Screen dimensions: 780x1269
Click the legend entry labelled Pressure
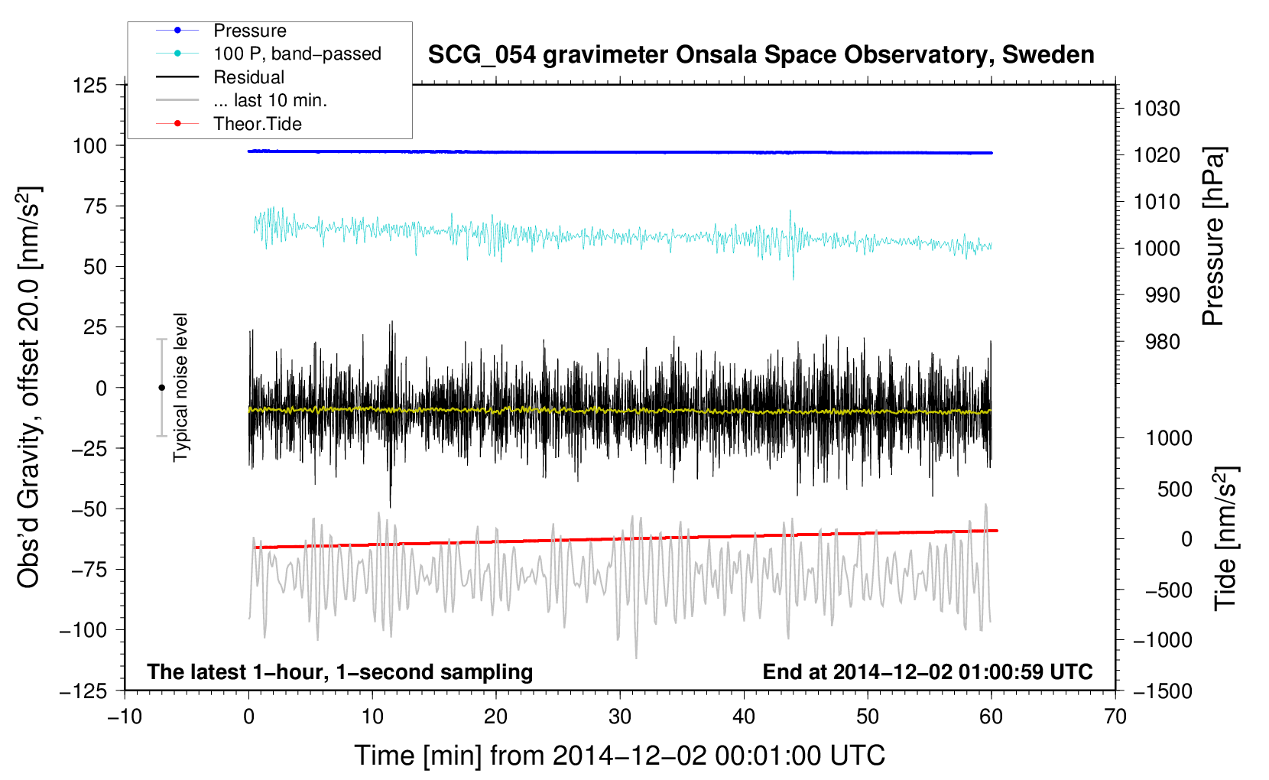coord(249,31)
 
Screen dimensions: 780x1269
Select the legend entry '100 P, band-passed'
coord(297,54)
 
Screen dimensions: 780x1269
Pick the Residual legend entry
coord(248,77)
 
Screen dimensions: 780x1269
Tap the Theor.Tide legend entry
coord(257,124)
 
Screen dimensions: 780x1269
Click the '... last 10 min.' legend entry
coord(270,100)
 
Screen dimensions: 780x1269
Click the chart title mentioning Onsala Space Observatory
coord(761,55)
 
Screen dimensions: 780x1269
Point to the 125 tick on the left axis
coord(90,85)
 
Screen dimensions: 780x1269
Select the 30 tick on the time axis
coord(620,717)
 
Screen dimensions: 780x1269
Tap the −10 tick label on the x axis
coord(125,717)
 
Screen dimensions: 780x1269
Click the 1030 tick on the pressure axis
coord(1157,109)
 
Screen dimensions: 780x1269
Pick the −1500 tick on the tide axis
coord(1163,691)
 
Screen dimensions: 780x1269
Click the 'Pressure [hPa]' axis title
coord(1213,236)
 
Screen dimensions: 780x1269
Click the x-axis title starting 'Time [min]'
coord(619,756)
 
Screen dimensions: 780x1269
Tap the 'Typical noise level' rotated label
coord(180,387)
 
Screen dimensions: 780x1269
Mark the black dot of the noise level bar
coord(161,388)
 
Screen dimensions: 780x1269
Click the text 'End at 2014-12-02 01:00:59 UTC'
coord(927,671)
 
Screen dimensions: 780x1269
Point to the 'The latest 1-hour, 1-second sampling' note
coord(340,671)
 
